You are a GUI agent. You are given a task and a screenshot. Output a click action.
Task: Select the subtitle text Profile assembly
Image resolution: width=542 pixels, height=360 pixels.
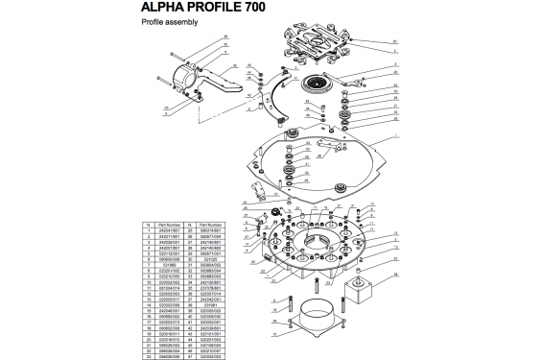tap(170, 25)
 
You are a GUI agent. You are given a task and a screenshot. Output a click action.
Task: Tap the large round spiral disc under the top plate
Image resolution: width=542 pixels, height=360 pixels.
tap(318, 85)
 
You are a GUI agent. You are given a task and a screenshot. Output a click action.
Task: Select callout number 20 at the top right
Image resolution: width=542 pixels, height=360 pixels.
tap(394, 41)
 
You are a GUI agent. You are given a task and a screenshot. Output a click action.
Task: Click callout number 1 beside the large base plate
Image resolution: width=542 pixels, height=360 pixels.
tap(394, 137)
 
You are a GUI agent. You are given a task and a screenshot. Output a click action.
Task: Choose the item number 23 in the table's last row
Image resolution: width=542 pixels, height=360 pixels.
tap(149, 355)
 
